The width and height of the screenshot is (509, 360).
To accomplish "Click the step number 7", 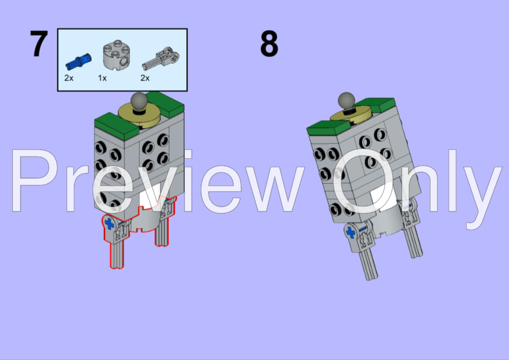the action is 39,43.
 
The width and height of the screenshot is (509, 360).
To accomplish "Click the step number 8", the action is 269,43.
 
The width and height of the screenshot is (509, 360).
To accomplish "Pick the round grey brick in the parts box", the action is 116,55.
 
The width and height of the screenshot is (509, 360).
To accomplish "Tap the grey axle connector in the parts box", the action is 161,59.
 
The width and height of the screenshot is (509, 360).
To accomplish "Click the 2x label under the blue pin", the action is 69,78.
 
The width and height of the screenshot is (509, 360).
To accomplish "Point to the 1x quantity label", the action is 102,78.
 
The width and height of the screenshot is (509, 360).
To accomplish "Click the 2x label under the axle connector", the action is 145,78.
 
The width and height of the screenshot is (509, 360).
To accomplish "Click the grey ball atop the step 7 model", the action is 139,101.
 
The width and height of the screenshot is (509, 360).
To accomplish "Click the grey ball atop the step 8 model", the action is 346,100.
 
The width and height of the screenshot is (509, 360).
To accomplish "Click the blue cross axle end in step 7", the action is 109,223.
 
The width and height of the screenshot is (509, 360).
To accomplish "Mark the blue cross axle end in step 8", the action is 351,233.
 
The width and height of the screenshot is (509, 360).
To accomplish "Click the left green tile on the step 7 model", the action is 117,126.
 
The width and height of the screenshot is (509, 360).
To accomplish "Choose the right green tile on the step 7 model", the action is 165,104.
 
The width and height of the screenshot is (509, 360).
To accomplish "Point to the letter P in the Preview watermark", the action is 34,181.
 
